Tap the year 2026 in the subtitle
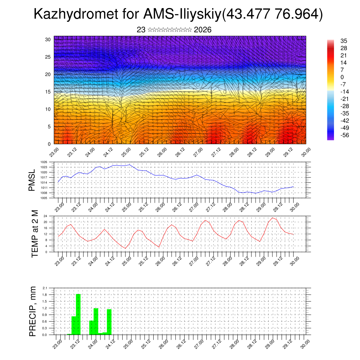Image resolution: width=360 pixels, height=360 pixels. pyautogui.click(x=202, y=30)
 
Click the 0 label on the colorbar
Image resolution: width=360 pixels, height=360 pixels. pyautogui.click(x=342, y=77)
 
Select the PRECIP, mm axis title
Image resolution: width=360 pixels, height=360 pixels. pyautogui.click(x=33, y=311)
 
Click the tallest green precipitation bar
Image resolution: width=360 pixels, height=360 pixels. pyautogui.click(x=78, y=314)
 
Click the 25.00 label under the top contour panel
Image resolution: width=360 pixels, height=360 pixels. pyautogui.click(x=126, y=152)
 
